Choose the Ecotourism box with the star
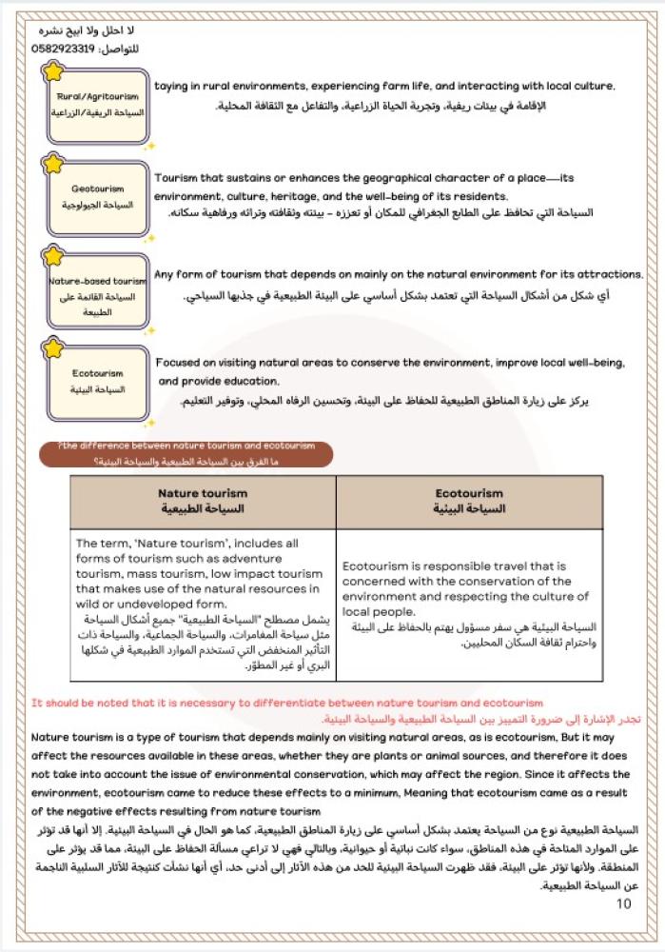(x=99, y=382)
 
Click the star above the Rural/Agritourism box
(x=55, y=70)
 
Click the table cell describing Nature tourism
(x=202, y=605)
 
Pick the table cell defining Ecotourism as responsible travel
(x=469, y=605)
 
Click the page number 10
(x=623, y=903)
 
